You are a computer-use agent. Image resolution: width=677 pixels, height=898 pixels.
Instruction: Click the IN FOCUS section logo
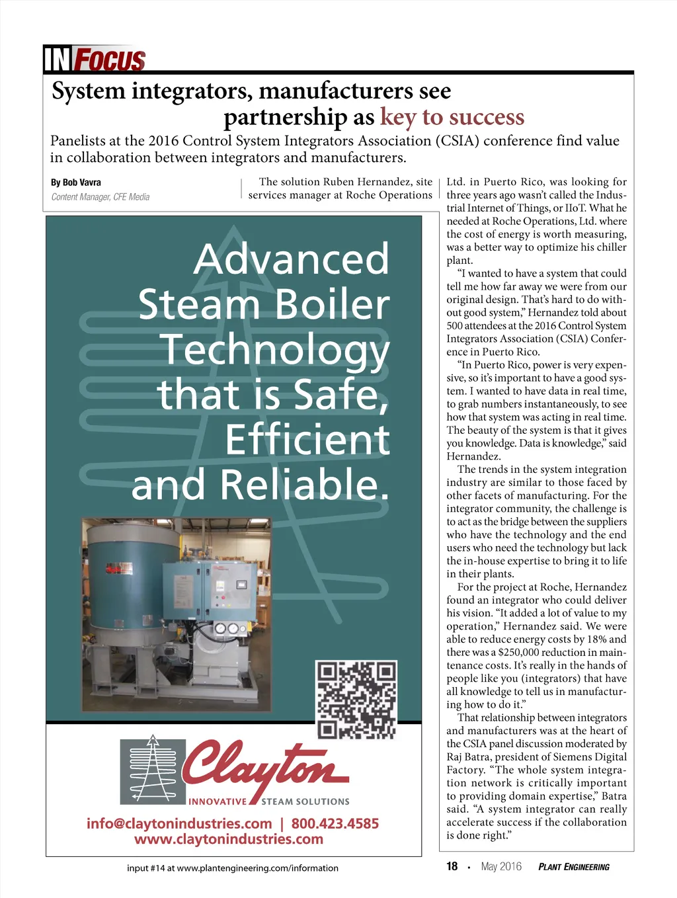pos(94,59)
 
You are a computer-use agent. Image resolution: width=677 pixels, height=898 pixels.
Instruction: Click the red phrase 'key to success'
pos(452,117)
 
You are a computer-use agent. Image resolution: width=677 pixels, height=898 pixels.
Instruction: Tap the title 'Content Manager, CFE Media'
pos(100,197)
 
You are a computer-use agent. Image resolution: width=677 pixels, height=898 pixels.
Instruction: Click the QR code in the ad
pos(357,699)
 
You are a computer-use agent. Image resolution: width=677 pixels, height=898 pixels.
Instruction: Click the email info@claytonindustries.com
pos(179,824)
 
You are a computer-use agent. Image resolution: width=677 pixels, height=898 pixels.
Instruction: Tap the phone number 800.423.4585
pos(335,824)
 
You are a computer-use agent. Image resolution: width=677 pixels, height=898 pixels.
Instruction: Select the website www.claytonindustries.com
pos(229,840)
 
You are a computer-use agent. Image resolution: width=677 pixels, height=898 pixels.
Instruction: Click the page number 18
pos(452,866)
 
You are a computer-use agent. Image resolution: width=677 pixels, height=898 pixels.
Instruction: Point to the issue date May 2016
pos(501,867)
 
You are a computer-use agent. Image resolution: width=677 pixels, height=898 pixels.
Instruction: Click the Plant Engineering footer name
pos(574,867)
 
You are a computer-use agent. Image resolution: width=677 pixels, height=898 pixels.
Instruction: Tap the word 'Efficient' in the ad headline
pos(307,440)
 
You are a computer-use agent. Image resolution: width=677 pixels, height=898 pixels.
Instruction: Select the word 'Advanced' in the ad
pos(292,259)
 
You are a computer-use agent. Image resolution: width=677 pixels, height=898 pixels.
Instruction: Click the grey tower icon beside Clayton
pos(153,770)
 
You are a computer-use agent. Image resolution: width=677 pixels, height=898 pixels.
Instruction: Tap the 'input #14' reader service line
pos(233,868)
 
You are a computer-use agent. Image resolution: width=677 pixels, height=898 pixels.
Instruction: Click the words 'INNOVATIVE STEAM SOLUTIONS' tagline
pos(269,802)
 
